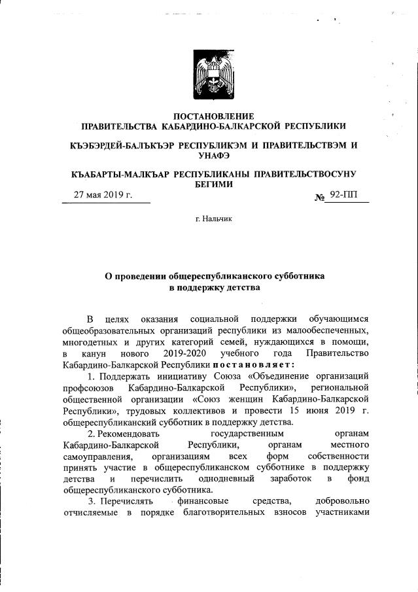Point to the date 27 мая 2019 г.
(103, 196)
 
